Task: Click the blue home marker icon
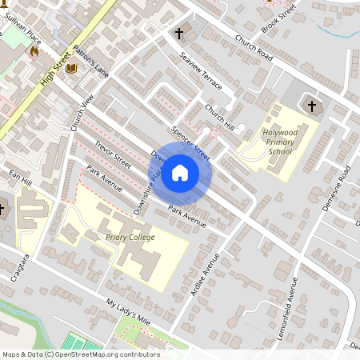click(x=180, y=172)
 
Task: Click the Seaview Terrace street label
click(x=201, y=72)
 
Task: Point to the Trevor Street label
click(x=113, y=154)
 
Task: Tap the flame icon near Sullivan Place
click(x=34, y=50)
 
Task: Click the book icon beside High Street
click(x=71, y=69)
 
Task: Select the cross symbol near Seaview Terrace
click(x=179, y=34)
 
